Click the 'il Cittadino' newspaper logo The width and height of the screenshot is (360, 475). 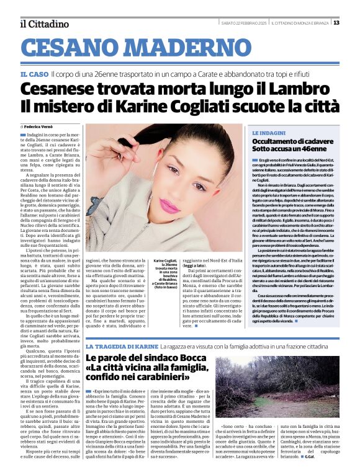pyautogui.click(x=44, y=24)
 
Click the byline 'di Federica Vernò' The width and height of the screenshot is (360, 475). pyautogui.click(x=50, y=126)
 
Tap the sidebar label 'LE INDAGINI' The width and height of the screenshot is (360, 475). pyautogui.click(x=269, y=133)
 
